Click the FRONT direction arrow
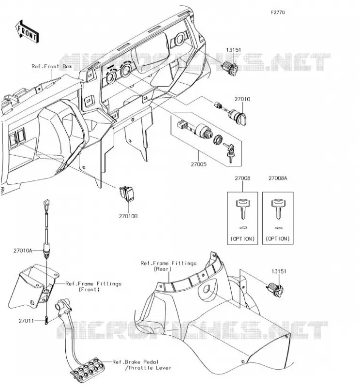point(27,31)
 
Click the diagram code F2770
point(278,13)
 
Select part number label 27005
point(198,164)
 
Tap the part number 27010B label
point(128,216)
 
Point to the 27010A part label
point(23,251)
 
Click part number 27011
point(26,321)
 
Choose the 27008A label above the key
point(278,178)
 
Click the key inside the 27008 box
point(243,209)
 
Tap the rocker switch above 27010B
point(127,194)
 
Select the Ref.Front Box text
point(52,66)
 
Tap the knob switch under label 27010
point(237,116)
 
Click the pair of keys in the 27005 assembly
point(229,152)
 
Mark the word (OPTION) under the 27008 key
point(242,238)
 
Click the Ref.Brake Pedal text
point(135,362)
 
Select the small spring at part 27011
point(46,320)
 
